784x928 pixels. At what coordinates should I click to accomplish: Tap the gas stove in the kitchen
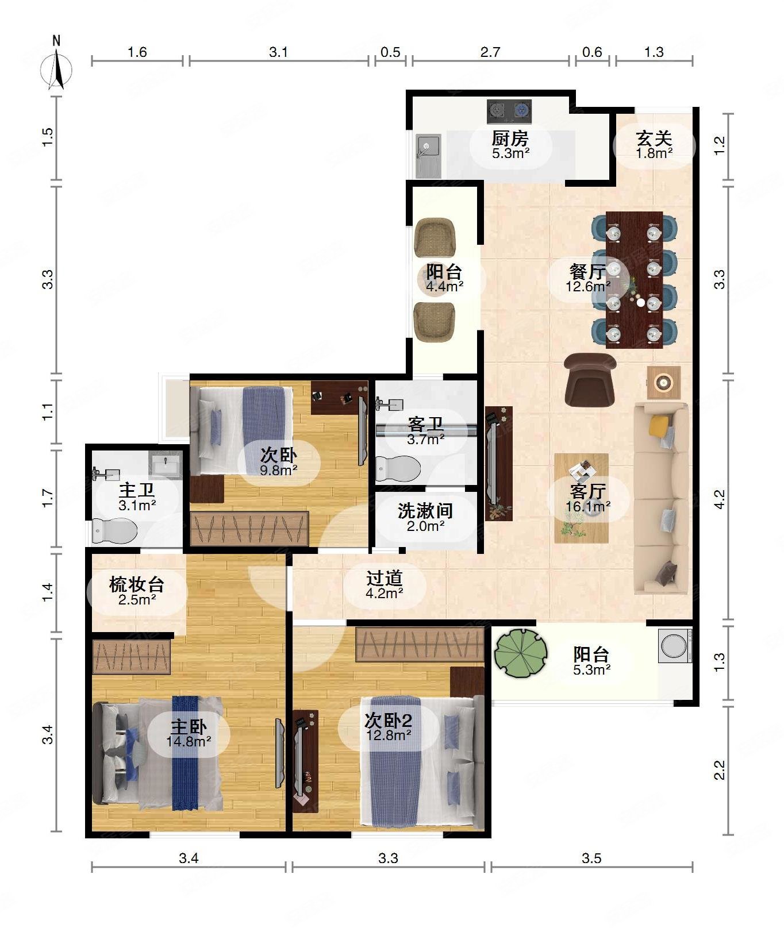click(509, 111)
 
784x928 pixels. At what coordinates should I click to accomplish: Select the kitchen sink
click(429, 155)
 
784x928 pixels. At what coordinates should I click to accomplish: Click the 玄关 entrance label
click(654, 138)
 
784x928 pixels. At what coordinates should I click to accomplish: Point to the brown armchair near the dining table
click(590, 379)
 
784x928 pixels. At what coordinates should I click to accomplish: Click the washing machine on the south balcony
click(675, 645)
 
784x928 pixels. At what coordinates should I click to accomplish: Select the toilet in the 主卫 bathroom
click(115, 531)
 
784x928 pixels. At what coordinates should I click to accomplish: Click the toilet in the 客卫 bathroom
click(398, 468)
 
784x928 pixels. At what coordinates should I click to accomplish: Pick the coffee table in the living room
click(581, 498)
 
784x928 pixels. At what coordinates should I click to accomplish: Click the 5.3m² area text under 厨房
click(510, 153)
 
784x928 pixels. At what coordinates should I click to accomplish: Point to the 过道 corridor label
click(385, 578)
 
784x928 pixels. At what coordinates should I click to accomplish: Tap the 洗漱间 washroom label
click(425, 511)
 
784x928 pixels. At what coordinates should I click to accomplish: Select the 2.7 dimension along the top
click(490, 52)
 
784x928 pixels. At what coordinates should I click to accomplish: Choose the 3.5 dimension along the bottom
click(591, 858)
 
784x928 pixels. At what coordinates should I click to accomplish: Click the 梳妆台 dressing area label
click(137, 585)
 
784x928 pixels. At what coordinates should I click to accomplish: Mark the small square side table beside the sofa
click(664, 382)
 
